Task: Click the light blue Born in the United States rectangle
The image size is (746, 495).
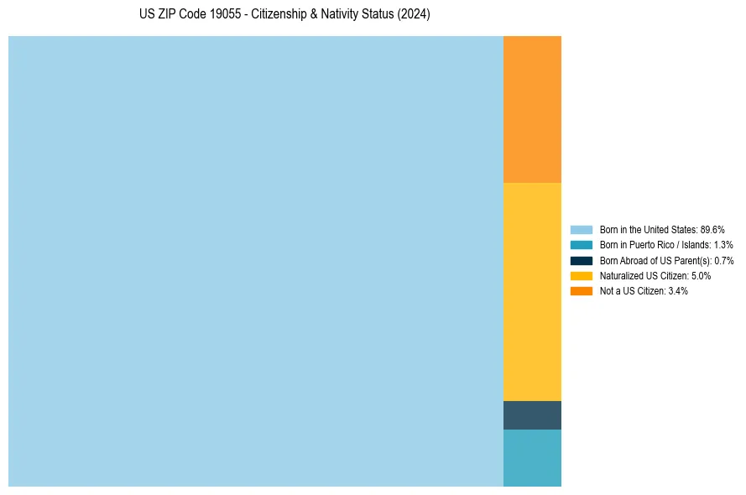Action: pyautogui.click(x=256, y=261)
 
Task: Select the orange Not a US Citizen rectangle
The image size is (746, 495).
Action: pyautogui.click(x=532, y=109)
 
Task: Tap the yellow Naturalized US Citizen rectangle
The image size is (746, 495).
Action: pyautogui.click(x=532, y=292)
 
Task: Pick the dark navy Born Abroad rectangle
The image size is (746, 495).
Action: pyautogui.click(x=532, y=415)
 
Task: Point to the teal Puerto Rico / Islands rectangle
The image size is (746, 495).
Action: pyautogui.click(x=532, y=458)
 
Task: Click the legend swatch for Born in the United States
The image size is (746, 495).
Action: pyautogui.click(x=581, y=230)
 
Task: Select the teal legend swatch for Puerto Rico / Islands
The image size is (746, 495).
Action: pyautogui.click(x=581, y=245)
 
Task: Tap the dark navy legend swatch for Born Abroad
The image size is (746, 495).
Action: pyautogui.click(x=581, y=260)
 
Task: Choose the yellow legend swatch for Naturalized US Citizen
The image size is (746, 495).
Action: pyautogui.click(x=581, y=275)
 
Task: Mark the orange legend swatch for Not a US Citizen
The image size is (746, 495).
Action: pyautogui.click(x=581, y=290)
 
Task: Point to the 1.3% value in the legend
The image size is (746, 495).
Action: pyautogui.click(x=723, y=245)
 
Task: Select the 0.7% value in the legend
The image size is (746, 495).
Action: pyautogui.click(x=723, y=260)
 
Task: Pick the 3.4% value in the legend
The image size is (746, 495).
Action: pyautogui.click(x=678, y=290)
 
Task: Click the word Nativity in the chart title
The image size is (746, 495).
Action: pyautogui.click(x=342, y=15)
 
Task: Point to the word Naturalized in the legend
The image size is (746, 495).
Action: pyautogui.click(x=620, y=275)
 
